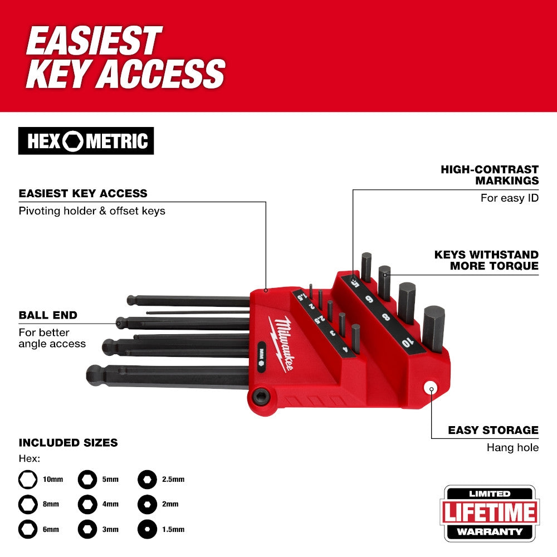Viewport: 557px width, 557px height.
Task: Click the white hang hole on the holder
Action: point(430,389)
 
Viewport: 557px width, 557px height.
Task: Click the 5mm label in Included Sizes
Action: point(110,479)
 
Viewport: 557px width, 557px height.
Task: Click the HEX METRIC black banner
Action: point(86,141)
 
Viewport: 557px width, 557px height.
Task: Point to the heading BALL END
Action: point(48,315)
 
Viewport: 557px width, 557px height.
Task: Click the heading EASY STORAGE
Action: point(493,430)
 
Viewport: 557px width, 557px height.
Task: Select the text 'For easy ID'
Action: point(510,198)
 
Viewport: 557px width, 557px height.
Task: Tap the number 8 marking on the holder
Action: point(386,317)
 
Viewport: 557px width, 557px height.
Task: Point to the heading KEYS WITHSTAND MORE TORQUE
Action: point(486,260)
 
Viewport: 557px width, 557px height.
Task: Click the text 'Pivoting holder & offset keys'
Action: point(92,211)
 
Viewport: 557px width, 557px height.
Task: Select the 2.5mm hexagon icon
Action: point(146,478)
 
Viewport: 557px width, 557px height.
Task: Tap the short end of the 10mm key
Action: point(433,329)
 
